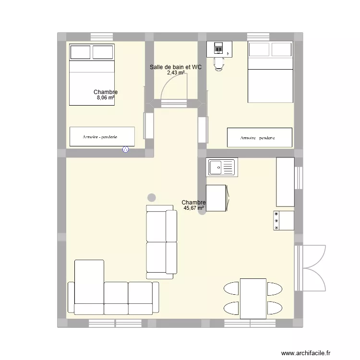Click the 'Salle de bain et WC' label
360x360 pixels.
175,67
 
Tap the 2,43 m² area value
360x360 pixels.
175,73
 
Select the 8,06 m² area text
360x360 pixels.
106,98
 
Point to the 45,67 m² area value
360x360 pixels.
193,208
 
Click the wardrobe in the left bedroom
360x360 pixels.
102,137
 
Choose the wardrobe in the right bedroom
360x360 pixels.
259,137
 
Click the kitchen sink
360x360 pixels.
221,168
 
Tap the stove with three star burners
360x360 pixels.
284,220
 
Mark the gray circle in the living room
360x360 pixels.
152,197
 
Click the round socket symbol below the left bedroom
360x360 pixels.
126,150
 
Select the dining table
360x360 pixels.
253,298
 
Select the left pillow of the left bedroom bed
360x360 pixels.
80,52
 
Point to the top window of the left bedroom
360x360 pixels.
101,36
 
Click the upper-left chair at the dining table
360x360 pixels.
231,288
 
